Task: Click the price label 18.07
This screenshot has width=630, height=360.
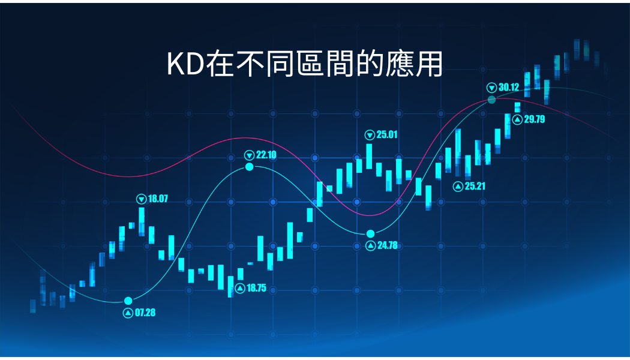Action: point(158,199)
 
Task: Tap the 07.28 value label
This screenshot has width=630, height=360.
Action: point(145,313)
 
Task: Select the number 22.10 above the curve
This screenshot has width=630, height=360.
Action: point(266,155)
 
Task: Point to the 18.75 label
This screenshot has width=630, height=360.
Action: point(256,288)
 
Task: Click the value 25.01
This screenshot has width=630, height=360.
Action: point(387,134)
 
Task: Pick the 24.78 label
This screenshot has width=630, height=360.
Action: point(388,245)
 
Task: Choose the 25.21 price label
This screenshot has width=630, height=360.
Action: point(475,186)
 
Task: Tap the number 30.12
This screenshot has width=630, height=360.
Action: point(509,87)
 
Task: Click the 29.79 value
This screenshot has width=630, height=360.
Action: point(535,119)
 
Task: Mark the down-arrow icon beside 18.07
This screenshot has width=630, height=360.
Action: point(142,199)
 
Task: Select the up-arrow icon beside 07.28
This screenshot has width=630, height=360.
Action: point(128,313)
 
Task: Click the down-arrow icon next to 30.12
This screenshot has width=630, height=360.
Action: point(492,88)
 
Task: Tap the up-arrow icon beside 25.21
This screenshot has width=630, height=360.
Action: point(458,187)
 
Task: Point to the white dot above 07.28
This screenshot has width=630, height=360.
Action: point(128,301)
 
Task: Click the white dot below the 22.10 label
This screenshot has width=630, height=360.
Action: point(250,167)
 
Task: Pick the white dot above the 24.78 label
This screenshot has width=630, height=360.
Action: point(370,234)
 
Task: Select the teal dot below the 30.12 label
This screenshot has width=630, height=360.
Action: point(492,100)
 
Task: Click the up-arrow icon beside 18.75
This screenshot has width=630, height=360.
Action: point(240,289)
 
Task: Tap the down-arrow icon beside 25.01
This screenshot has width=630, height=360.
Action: point(370,135)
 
